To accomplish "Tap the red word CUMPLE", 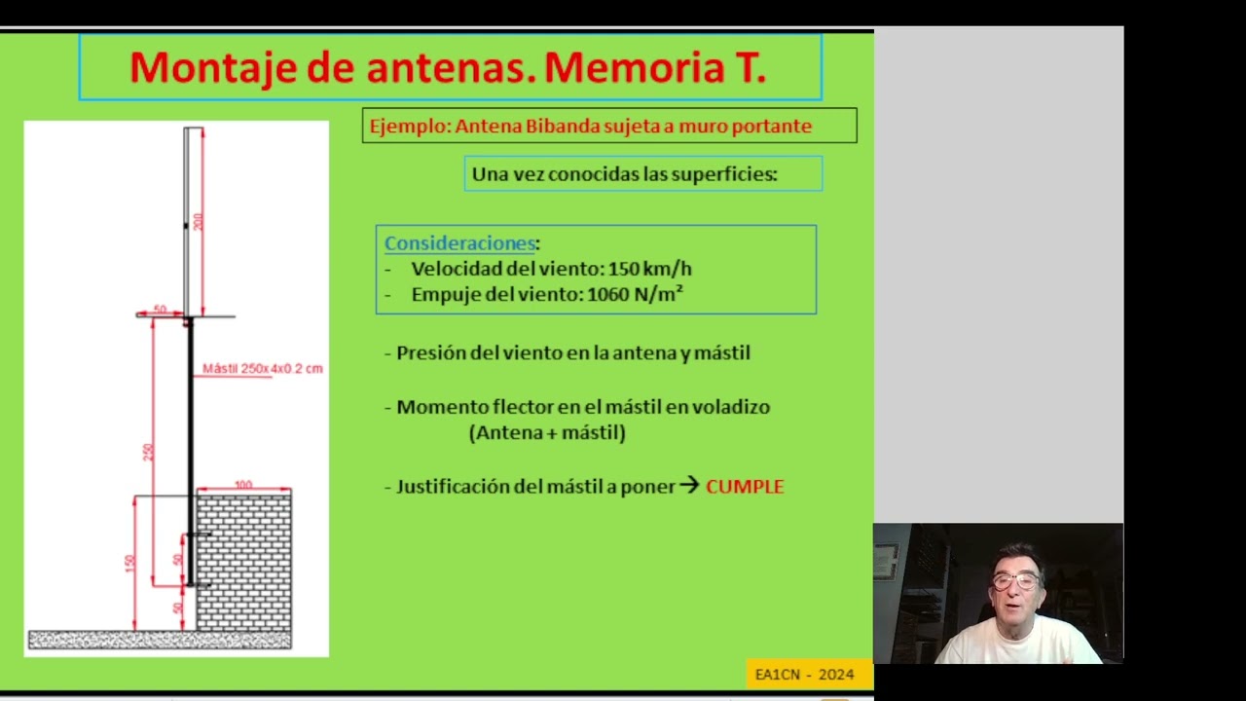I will click(x=745, y=487).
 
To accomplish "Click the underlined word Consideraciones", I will click(x=459, y=243).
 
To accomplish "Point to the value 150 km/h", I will click(x=649, y=269).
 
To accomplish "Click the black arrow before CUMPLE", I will click(x=689, y=485).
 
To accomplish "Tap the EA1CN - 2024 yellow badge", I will click(x=804, y=674).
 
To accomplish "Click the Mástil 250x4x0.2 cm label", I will click(x=262, y=369).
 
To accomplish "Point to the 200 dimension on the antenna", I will click(x=199, y=221).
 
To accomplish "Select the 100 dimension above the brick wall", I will click(x=243, y=485).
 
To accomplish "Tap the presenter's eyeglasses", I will click(x=1014, y=581).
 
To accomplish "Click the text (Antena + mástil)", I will click(x=547, y=433).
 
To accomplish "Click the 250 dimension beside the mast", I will click(x=148, y=452).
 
